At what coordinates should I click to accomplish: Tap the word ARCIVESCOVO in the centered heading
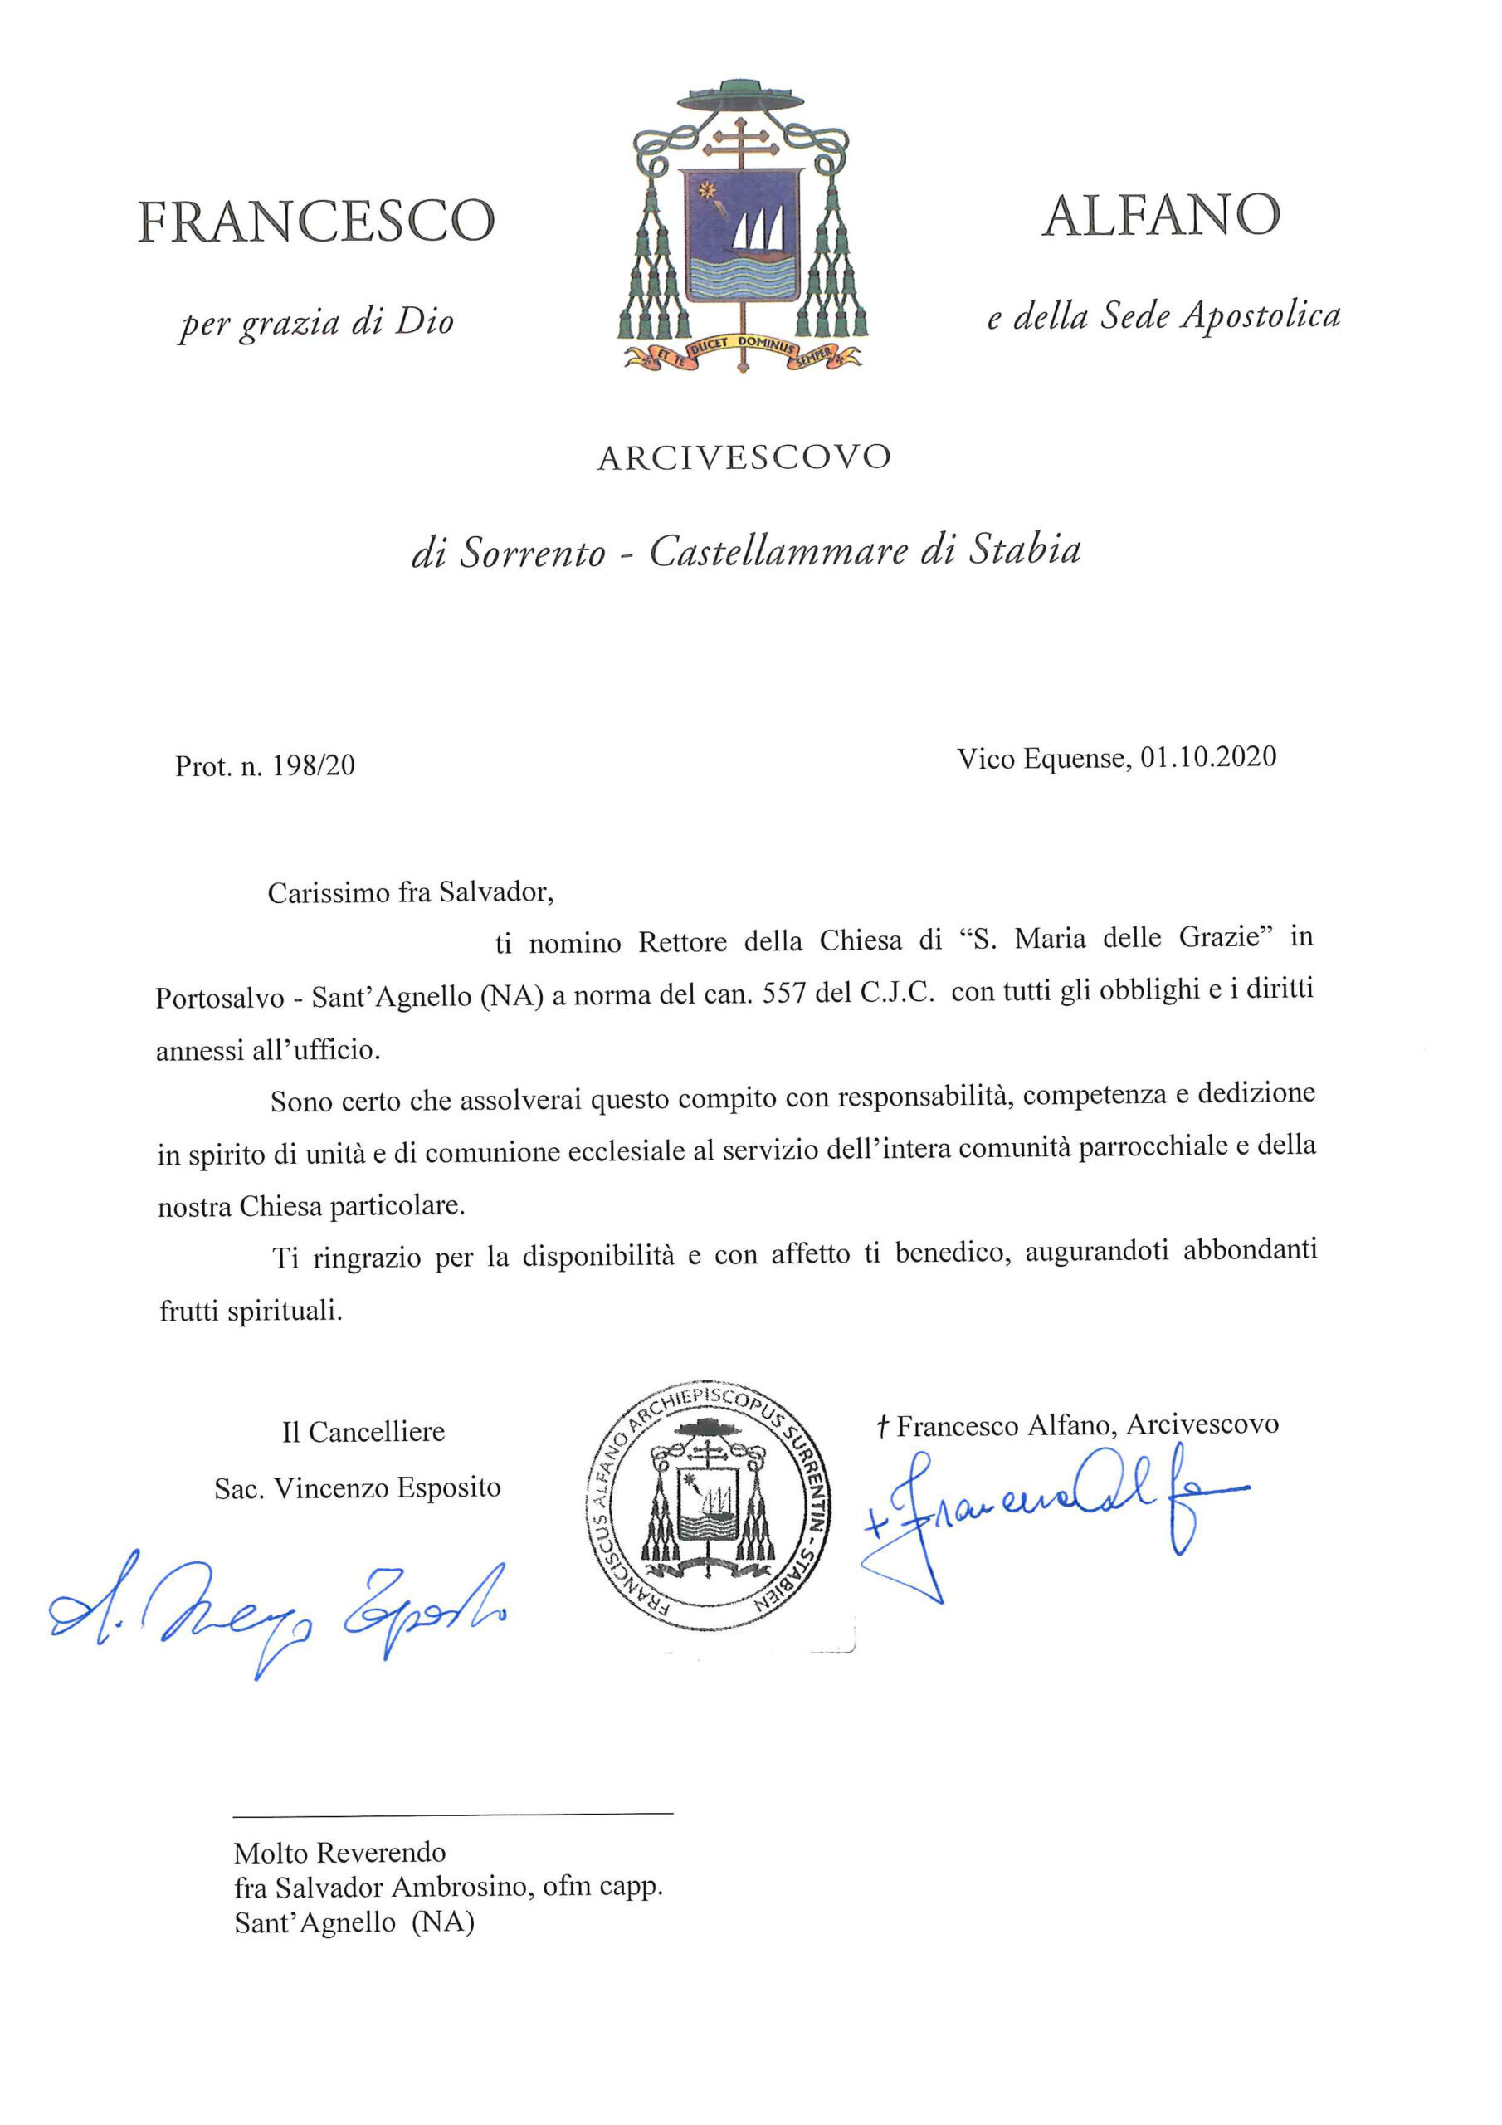(744, 457)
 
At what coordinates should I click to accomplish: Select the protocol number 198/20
(314, 765)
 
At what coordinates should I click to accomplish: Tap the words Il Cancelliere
(363, 1432)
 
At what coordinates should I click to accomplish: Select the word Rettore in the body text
(683, 942)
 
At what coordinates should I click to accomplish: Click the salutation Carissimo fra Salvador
(410, 892)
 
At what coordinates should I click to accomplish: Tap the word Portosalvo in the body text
(219, 999)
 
